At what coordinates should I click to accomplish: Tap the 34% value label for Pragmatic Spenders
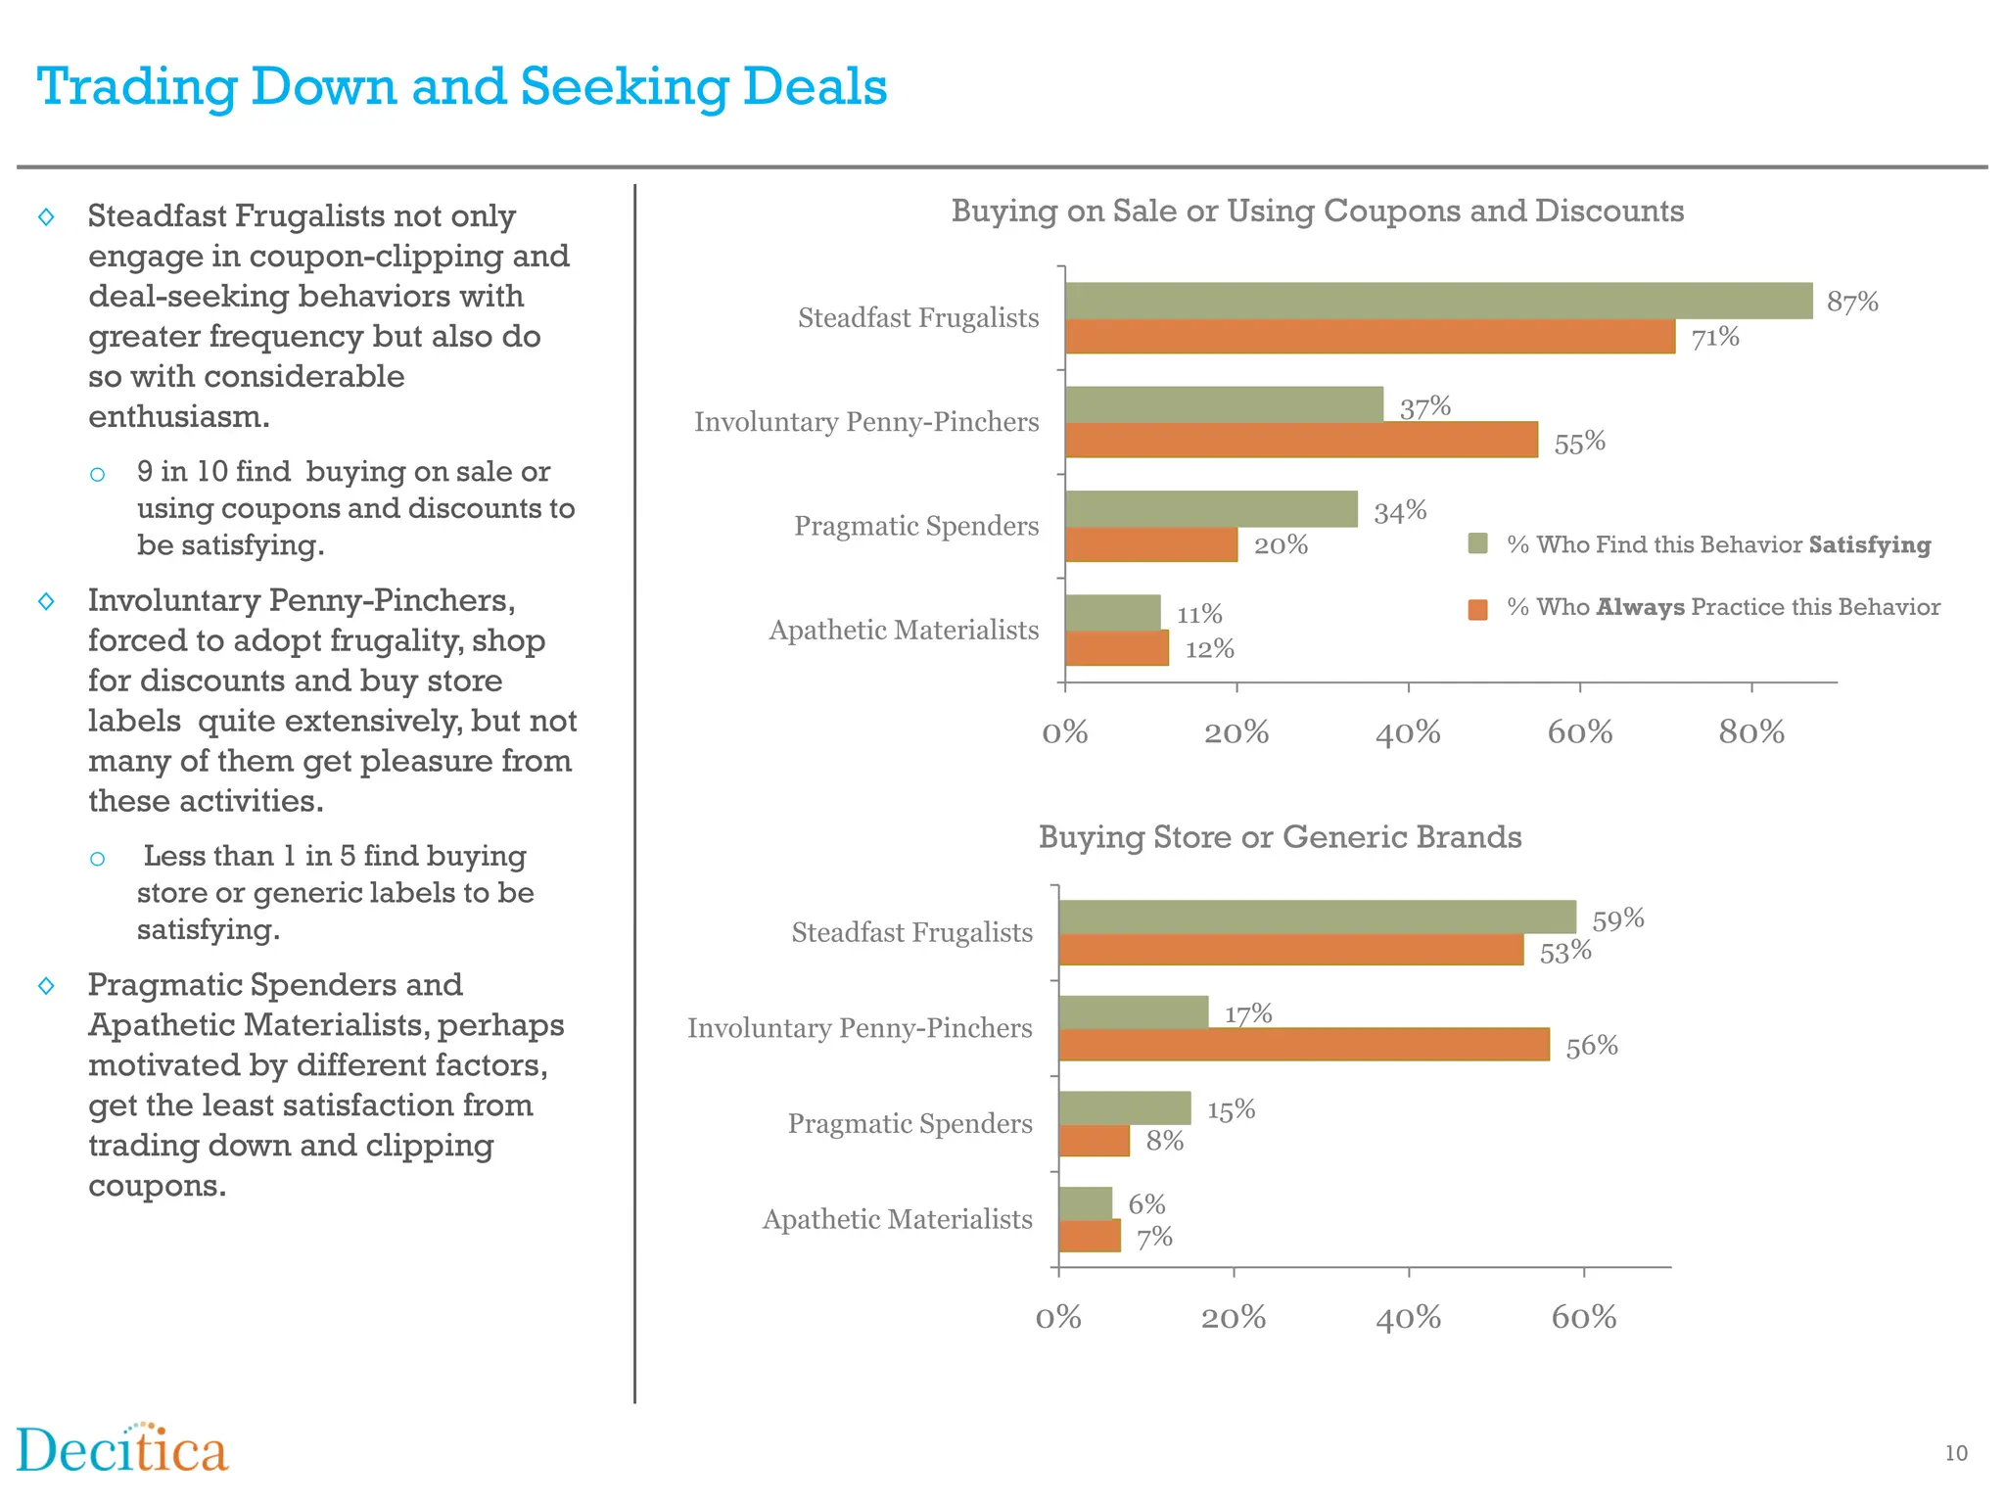pyautogui.click(x=1400, y=512)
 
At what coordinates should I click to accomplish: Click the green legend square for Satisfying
pyautogui.click(x=1478, y=544)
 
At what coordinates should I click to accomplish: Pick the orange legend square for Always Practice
pyautogui.click(x=1478, y=609)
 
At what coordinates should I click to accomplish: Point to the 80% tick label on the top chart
pyautogui.click(x=1750, y=732)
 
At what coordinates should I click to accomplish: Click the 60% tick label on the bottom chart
pyautogui.click(x=1583, y=1318)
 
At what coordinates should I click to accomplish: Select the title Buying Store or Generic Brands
pyautogui.click(x=1280, y=837)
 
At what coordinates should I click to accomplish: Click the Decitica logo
pyautogui.click(x=122, y=1449)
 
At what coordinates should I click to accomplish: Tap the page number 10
pyautogui.click(x=1955, y=1453)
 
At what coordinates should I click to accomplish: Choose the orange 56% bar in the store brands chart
pyautogui.click(x=1303, y=1045)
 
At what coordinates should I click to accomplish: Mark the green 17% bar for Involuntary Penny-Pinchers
pyautogui.click(x=1133, y=1012)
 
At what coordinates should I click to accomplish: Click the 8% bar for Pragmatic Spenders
pyautogui.click(x=1094, y=1141)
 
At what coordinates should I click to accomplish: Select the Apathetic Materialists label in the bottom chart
pyautogui.click(x=897, y=1219)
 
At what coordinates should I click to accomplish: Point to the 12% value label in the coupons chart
pyautogui.click(x=1209, y=649)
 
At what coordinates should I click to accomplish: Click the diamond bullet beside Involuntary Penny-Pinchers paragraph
pyautogui.click(x=46, y=601)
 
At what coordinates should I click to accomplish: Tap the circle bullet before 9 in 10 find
pyautogui.click(x=97, y=475)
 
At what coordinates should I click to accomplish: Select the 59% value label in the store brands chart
pyautogui.click(x=1617, y=919)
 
